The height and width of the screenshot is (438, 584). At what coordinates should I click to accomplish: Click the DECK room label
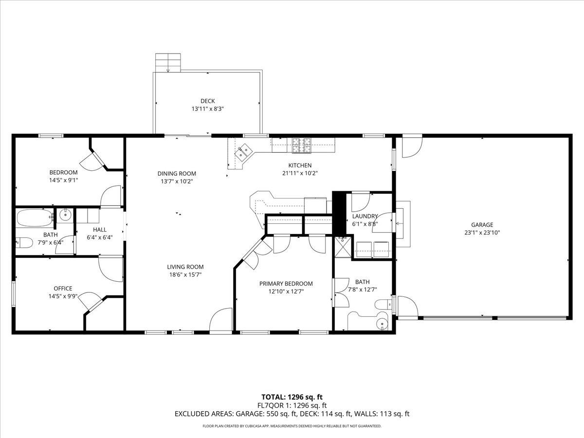(x=207, y=101)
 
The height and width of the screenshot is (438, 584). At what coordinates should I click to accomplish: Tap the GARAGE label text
(x=482, y=225)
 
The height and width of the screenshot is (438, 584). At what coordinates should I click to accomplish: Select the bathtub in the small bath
(x=34, y=218)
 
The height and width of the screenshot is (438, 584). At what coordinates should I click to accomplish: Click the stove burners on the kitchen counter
(x=302, y=143)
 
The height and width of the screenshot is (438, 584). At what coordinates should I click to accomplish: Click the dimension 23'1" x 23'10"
(x=482, y=233)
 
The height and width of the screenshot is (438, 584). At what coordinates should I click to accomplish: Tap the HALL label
(x=99, y=230)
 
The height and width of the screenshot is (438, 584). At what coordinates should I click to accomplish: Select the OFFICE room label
(x=63, y=289)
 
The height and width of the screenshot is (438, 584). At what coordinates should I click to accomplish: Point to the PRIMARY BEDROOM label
(x=286, y=284)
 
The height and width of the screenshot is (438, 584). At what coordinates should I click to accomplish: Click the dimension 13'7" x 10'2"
(x=177, y=181)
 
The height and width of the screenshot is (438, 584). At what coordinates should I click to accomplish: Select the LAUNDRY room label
(x=365, y=217)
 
